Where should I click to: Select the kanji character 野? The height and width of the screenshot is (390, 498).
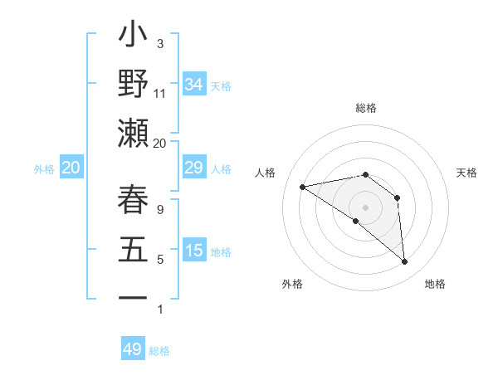click(x=133, y=85)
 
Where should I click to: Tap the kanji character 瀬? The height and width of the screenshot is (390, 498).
click(x=133, y=133)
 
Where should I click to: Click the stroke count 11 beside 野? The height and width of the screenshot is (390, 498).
click(x=160, y=93)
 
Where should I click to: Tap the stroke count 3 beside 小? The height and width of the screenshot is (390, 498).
click(x=160, y=43)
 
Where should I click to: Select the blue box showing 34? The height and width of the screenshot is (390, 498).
click(x=194, y=84)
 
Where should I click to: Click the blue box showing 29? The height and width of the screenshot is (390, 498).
click(x=194, y=168)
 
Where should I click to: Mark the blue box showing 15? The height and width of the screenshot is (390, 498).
click(x=194, y=250)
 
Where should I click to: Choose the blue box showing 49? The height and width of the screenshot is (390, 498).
click(x=133, y=349)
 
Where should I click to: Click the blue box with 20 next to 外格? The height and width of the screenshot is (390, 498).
click(x=71, y=168)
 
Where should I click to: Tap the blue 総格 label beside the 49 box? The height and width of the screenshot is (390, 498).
click(x=159, y=351)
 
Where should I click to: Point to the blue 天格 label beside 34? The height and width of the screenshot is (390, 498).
click(x=221, y=85)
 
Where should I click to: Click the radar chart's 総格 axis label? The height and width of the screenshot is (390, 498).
click(x=365, y=108)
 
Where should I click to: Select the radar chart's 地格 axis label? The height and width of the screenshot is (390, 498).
click(x=435, y=284)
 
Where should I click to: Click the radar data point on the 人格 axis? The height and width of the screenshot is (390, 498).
click(x=303, y=187)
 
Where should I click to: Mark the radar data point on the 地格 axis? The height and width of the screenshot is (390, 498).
click(x=405, y=262)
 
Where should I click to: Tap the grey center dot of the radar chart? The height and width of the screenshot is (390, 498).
click(x=365, y=206)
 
